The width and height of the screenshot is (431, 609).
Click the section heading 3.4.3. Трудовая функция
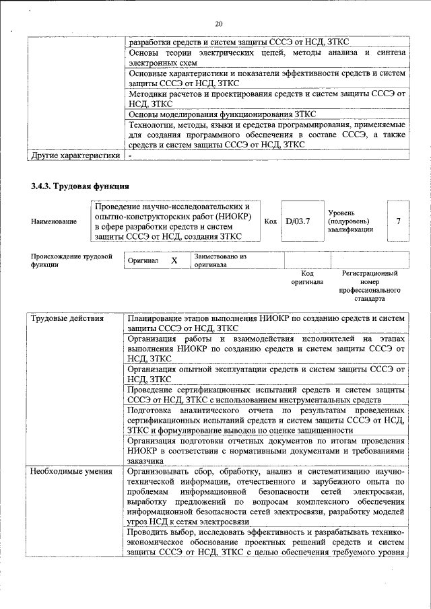tap(79, 186)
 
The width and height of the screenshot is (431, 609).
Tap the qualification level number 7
tap(399, 221)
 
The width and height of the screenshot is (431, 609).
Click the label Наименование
tap(54, 221)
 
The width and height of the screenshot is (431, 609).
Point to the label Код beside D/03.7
tap(270, 221)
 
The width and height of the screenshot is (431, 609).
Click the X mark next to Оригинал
tap(174, 260)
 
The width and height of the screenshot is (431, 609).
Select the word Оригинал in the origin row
tap(143, 260)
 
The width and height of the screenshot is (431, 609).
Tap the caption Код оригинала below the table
tap(307, 278)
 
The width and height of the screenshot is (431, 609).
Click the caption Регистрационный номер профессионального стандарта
tap(369, 285)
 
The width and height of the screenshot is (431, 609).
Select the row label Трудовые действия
tap(67, 318)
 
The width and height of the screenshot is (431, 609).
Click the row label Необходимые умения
tap(71, 471)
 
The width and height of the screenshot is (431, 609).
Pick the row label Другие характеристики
tap(75, 156)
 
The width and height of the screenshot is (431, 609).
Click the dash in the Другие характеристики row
tap(131, 156)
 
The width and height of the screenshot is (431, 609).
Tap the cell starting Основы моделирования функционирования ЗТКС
tap(266, 115)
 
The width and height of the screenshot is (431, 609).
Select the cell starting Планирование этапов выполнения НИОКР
tap(266, 323)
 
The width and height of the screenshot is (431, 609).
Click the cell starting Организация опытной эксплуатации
tap(266, 374)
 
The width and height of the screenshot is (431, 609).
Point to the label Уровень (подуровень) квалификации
tap(350, 221)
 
